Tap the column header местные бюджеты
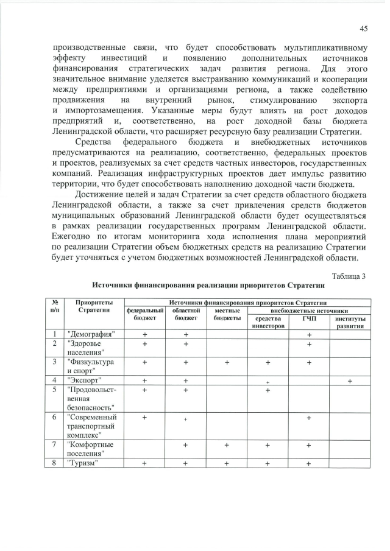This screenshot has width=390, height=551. (x=227, y=314)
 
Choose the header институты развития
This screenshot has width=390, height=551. (x=350, y=322)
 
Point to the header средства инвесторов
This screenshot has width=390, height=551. (x=268, y=322)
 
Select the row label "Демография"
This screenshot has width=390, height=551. (x=93, y=334)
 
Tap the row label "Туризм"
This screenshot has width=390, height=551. (x=83, y=463)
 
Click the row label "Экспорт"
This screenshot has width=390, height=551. (x=86, y=381)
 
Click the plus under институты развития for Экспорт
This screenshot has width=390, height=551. (x=350, y=381)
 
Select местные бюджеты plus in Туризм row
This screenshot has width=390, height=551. (x=227, y=463)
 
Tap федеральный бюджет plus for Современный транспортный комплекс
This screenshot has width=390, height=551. (x=145, y=417)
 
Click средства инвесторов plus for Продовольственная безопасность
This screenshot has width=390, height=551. (x=268, y=390)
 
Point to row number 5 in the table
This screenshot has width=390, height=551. (x=55, y=390)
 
